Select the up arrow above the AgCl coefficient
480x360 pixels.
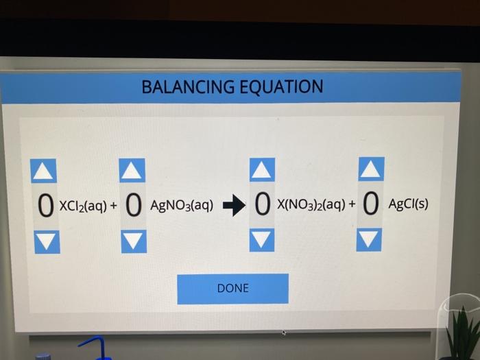coord(371,169)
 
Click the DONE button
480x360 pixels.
coord(232,289)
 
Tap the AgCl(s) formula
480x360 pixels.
coord(408,204)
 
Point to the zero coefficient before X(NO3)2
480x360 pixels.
coord(261,204)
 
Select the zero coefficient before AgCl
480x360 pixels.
coord(371,204)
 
